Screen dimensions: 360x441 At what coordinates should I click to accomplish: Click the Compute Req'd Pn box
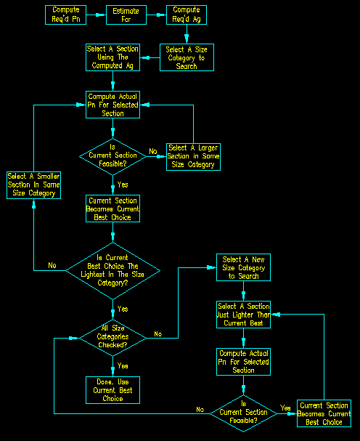click(65, 15)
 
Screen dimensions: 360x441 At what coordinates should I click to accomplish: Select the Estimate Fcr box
click(126, 15)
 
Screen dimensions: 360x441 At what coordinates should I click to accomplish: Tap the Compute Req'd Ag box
click(187, 15)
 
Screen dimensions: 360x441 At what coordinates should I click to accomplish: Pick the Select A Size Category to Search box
click(187, 57)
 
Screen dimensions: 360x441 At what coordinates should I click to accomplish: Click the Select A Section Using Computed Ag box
click(112, 57)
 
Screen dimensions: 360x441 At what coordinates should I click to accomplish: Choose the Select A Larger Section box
click(193, 157)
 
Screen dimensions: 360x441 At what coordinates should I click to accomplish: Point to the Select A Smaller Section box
click(33, 185)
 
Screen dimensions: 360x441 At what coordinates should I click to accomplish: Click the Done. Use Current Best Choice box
click(112, 390)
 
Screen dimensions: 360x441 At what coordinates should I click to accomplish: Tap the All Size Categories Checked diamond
click(112, 338)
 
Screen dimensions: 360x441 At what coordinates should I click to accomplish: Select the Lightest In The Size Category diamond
click(112, 271)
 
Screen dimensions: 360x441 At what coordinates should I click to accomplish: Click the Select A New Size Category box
click(243, 267)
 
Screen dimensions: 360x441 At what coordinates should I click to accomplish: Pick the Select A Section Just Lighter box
click(243, 315)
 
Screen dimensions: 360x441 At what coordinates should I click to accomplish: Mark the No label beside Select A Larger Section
click(153, 151)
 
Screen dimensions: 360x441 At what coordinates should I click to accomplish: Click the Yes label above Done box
click(123, 366)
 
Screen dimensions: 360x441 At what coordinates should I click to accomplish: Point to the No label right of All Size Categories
click(158, 334)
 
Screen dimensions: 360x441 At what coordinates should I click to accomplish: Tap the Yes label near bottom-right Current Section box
click(285, 408)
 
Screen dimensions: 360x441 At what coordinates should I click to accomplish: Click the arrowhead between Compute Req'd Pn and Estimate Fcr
click(99, 15)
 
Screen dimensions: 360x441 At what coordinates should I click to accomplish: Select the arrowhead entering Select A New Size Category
click(211, 267)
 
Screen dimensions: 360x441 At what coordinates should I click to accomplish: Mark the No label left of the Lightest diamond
click(52, 265)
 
